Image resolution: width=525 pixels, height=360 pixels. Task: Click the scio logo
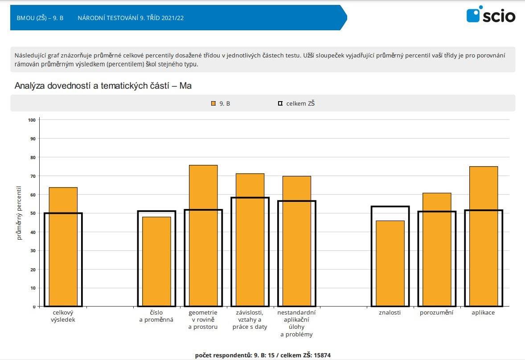pyautogui.click(x=491, y=16)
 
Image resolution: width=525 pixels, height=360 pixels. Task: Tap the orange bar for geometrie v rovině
pyautogui.click(x=203, y=236)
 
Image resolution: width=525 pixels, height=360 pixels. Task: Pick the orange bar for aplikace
pyautogui.click(x=484, y=236)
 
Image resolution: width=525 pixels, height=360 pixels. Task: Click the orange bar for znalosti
pyautogui.click(x=390, y=263)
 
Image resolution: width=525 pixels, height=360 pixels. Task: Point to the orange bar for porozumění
pyautogui.click(x=437, y=250)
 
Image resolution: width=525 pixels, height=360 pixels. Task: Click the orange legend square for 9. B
pyautogui.click(x=213, y=103)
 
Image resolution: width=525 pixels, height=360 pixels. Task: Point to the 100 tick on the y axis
pyautogui.click(x=31, y=120)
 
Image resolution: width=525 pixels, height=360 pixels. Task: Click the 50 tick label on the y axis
pyautogui.click(x=32, y=213)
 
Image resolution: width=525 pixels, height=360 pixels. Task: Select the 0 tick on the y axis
pyautogui.click(x=33, y=307)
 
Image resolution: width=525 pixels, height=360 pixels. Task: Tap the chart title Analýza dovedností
pyautogui.click(x=103, y=86)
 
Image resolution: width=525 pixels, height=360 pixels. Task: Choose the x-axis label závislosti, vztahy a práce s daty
pyautogui.click(x=250, y=319)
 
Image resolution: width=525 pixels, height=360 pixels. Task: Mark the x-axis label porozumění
pyautogui.click(x=436, y=313)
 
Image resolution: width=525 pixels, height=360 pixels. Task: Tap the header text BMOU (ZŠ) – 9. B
pyautogui.click(x=40, y=18)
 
